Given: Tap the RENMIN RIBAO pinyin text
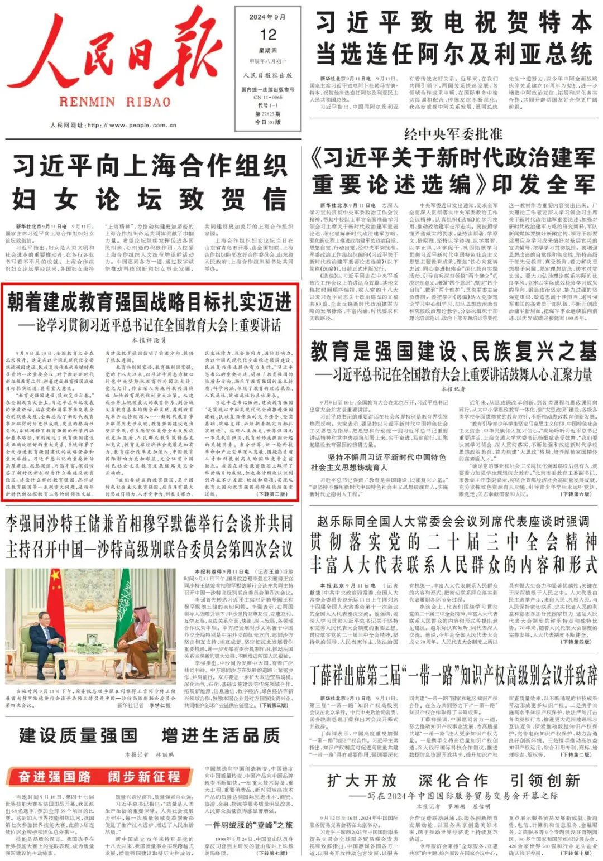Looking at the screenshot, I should [x=114, y=102].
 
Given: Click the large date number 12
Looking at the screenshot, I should [x=268, y=35].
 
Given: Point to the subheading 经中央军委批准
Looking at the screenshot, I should [x=453, y=134].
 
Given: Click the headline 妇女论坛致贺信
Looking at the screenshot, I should [x=150, y=199].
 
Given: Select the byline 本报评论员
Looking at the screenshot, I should [x=150, y=339].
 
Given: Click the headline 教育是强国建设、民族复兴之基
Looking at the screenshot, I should [x=453, y=352].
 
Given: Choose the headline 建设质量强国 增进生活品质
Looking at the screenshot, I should [x=150, y=735].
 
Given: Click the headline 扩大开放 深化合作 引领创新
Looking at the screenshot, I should [x=453, y=780].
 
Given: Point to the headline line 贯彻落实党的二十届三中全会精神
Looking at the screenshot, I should [x=453, y=541].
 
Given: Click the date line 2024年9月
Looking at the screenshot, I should [x=268, y=17].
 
